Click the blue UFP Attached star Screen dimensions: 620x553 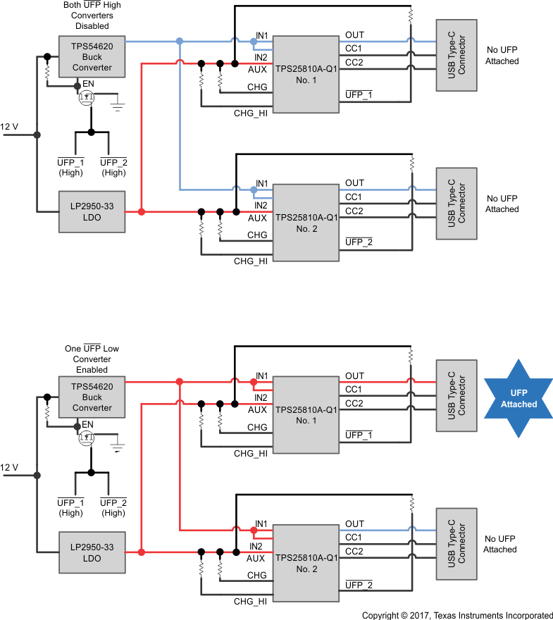(518, 399)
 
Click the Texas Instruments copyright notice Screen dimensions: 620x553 (457, 615)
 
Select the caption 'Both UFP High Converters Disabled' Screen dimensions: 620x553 (92, 15)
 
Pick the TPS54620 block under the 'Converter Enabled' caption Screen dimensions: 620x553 (92, 397)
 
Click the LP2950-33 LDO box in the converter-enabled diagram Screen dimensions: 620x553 (92, 552)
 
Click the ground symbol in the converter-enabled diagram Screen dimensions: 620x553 (118, 447)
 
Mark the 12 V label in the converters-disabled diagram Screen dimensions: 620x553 (10, 127)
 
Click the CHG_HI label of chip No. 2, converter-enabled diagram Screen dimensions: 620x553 (251, 601)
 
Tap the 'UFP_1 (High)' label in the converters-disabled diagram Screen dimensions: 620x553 (70, 167)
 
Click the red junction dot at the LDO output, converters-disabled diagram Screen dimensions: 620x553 (142, 211)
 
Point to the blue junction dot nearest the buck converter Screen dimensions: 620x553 (180, 42)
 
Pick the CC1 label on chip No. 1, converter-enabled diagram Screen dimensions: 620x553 (354, 390)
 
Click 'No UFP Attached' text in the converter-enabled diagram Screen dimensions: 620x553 (502, 544)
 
